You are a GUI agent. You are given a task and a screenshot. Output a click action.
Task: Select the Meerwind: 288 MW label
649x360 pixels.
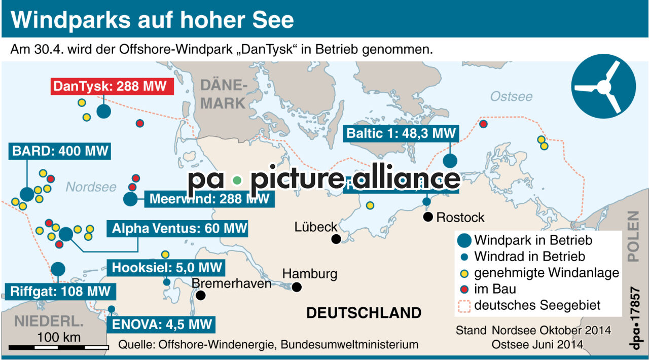tap(209, 198)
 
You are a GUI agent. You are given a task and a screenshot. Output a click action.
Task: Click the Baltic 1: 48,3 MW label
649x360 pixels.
tap(401, 133)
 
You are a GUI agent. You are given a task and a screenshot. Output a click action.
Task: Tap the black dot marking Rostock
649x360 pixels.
tap(428, 218)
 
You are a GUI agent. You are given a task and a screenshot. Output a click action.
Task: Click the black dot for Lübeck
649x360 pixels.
tap(336, 239)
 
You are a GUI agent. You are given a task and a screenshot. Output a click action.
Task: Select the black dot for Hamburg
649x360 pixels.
tap(297, 287)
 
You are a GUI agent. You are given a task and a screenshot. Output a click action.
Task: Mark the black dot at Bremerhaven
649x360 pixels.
tap(201, 296)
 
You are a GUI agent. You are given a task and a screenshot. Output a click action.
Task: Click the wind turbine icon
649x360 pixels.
tap(603, 87)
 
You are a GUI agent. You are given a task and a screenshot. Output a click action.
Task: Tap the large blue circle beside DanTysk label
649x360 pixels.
tap(103, 111)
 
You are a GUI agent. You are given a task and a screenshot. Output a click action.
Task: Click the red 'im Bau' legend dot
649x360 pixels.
tap(463, 290)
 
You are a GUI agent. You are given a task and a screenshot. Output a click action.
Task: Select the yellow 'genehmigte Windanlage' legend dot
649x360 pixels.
tap(463, 273)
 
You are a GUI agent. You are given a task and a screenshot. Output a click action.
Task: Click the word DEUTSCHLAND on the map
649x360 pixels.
tap(364, 313)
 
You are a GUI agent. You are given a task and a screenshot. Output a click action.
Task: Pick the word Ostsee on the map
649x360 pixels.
tap(511, 96)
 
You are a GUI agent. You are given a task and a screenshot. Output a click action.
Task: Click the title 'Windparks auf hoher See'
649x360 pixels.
tap(152, 20)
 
